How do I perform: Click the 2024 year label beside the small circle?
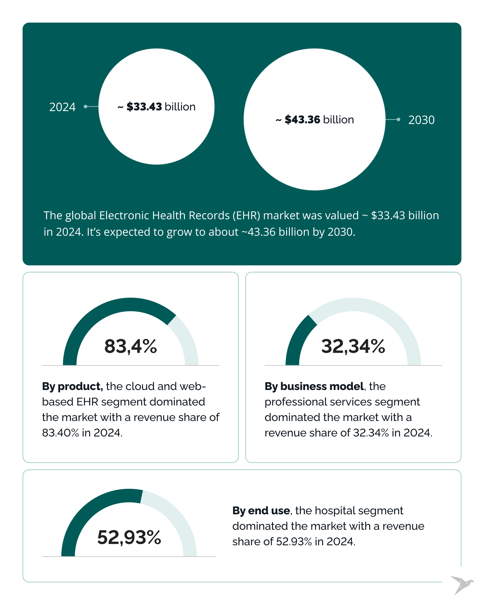click(62, 107)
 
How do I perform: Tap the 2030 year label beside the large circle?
click(421, 120)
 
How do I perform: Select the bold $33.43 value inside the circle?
click(144, 107)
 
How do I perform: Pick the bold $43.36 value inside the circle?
click(302, 119)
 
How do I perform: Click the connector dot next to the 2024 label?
click(86, 106)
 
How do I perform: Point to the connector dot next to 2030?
click(398, 119)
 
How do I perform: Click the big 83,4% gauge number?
click(130, 346)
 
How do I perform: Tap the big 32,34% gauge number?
click(353, 346)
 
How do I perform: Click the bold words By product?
click(72, 386)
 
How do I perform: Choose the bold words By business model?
click(314, 386)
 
